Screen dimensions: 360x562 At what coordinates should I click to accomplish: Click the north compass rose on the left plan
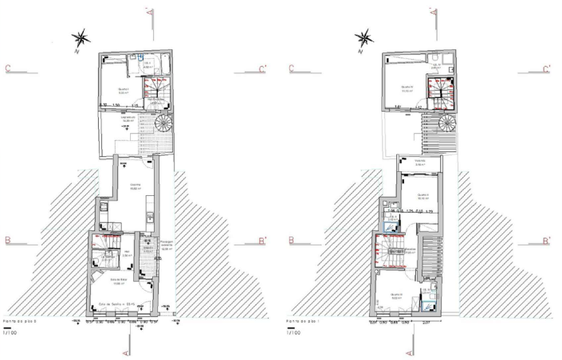pyautogui.click(x=81, y=37)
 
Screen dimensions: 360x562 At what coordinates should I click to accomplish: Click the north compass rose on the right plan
pyautogui.click(x=364, y=37)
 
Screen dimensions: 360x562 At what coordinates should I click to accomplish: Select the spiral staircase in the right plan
pyautogui.click(x=446, y=123)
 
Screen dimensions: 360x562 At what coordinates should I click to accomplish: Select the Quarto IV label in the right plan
pyautogui.click(x=407, y=87)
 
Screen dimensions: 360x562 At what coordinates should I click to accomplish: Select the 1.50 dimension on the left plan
pyautogui.click(x=116, y=105)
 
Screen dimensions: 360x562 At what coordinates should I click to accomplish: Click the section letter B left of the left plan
pyautogui.click(x=7, y=240)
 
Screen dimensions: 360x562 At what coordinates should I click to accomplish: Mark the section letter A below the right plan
pyautogui.click(x=411, y=350)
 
